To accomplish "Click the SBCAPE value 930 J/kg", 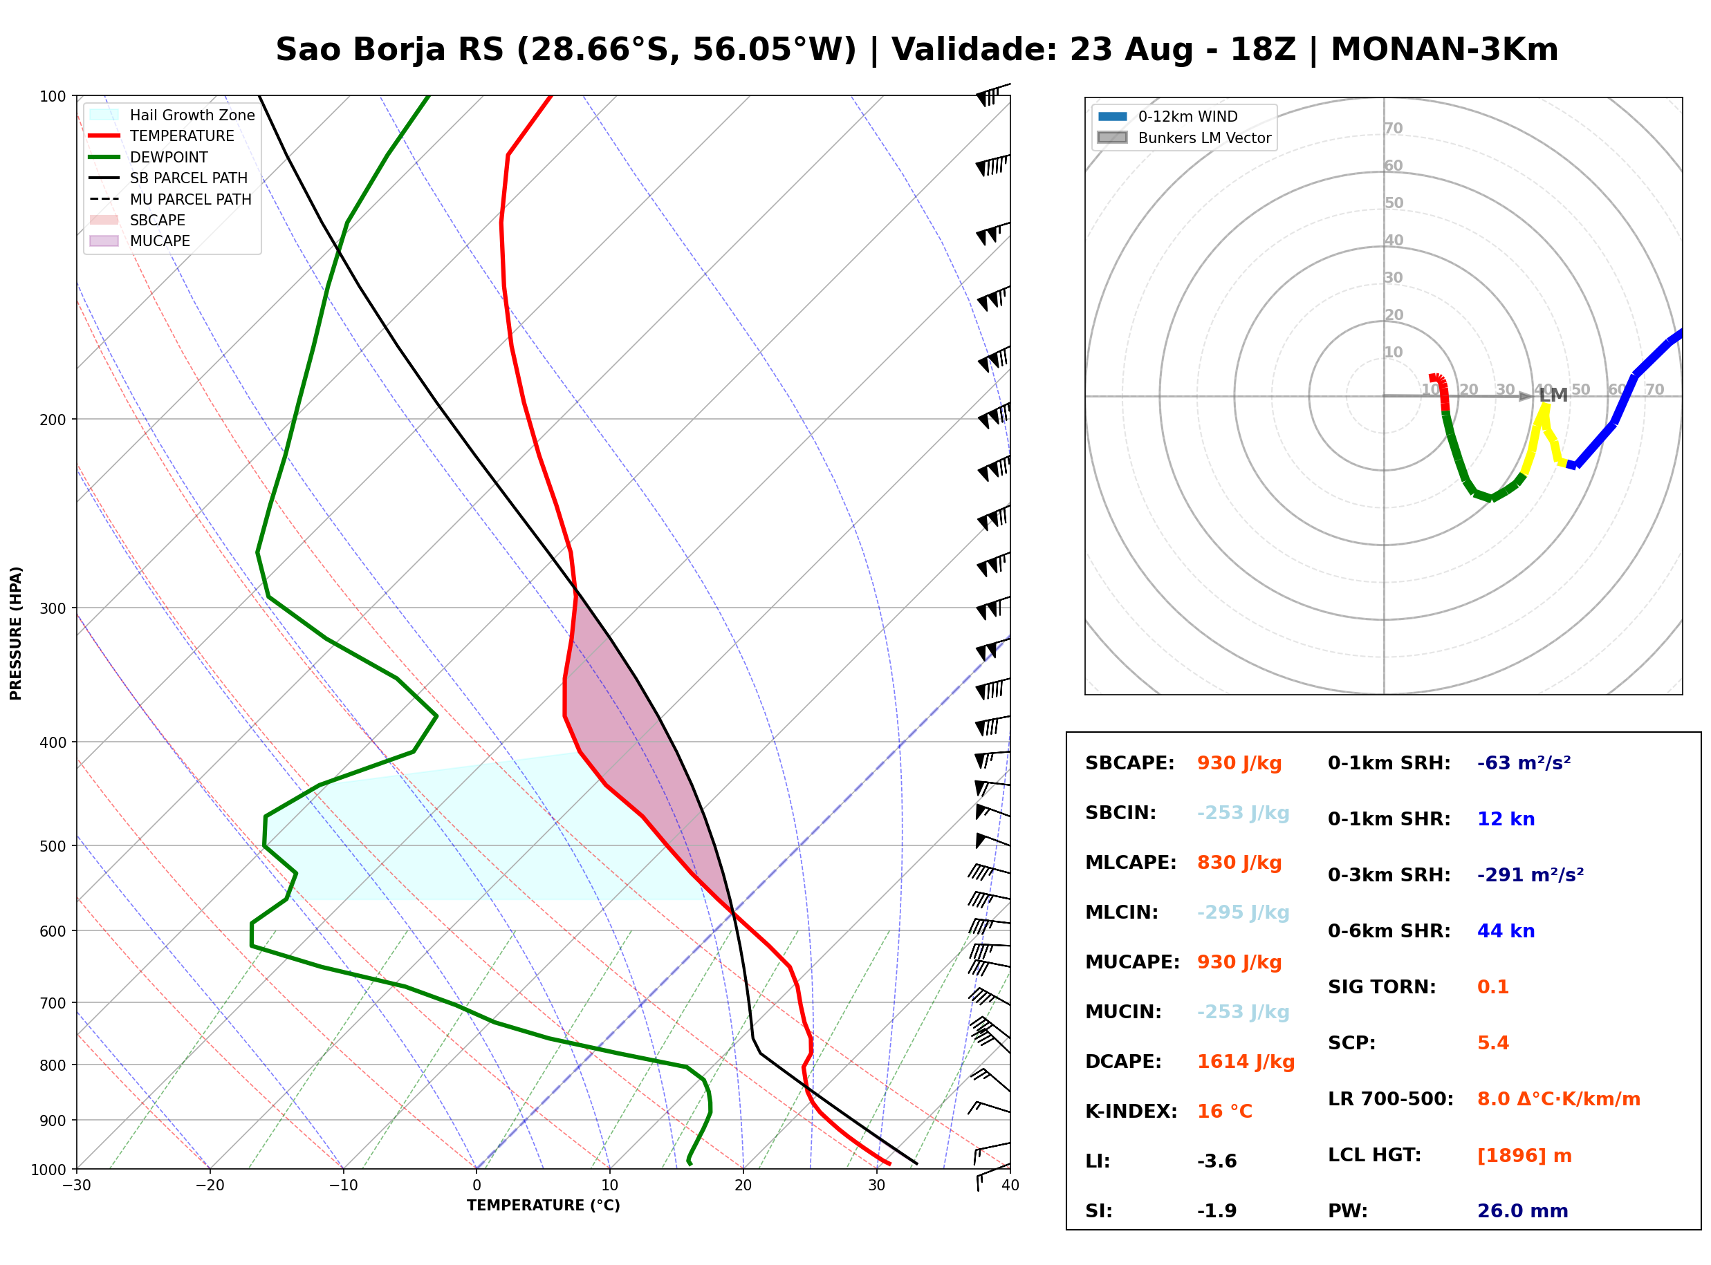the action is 1239,763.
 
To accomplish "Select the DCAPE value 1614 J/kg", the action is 1246,1062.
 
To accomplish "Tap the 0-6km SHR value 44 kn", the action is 1506,931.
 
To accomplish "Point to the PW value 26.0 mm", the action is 1523,1211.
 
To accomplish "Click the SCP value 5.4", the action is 1492,1043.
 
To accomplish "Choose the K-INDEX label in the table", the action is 1131,1112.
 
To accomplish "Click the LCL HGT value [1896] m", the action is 1524,1156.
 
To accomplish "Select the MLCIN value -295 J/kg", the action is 1243,912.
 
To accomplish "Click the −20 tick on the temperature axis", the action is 210,1186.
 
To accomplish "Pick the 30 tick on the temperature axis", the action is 877,1186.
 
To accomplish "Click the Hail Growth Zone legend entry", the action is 172,115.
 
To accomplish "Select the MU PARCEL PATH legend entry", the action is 170,199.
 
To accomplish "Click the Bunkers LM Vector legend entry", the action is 1184,138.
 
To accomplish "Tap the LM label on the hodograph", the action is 1553,395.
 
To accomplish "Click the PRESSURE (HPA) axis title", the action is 16,633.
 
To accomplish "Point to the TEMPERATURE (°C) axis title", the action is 544,1206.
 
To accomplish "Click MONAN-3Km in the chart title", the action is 1445,50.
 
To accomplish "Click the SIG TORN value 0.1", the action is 1492,987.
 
